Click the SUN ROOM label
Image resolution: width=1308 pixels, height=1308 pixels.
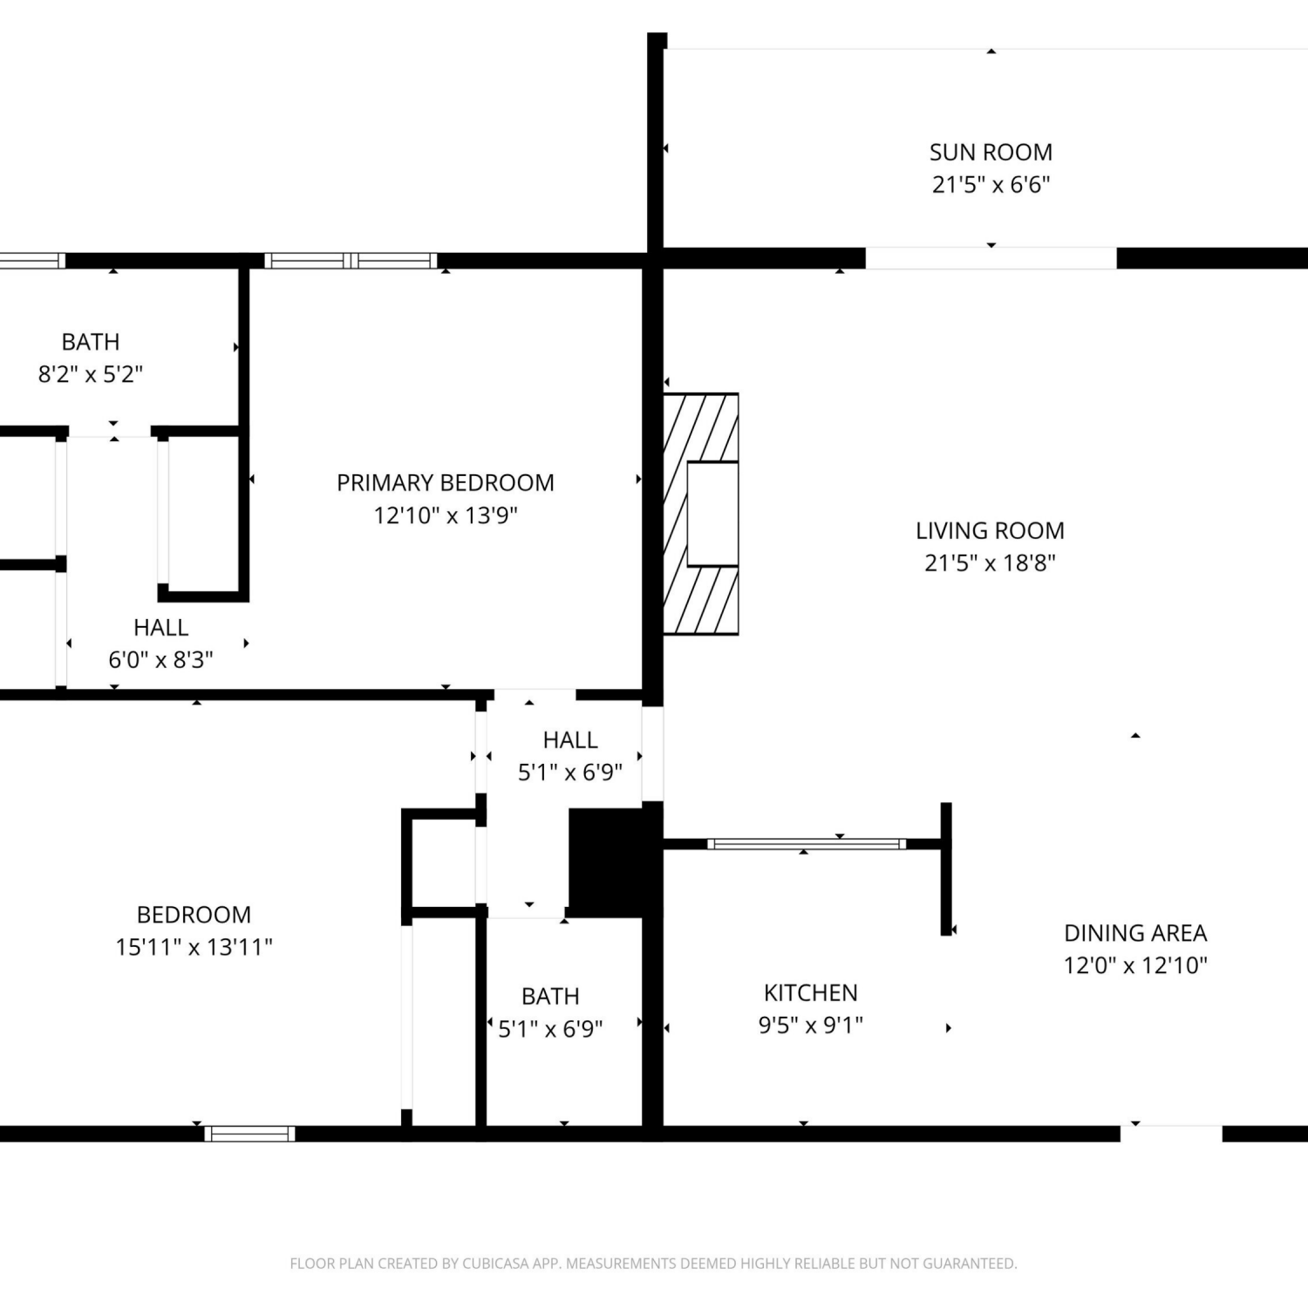pos(991,153)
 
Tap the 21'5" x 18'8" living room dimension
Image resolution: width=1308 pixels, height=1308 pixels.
pos(990,562)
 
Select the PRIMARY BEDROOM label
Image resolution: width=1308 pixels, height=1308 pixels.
pos(446,483)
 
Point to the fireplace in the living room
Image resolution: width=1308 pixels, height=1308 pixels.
pos(701,514)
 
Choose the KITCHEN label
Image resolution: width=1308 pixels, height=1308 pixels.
pos(811,993)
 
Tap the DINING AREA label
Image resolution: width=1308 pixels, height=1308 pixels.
pos(1135,933)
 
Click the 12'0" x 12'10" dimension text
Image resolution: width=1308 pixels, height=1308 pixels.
pos(1135,965)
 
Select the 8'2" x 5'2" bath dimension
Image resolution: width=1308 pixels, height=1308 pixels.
pos(91,374)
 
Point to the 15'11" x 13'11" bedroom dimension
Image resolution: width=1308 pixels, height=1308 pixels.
pos(194,947)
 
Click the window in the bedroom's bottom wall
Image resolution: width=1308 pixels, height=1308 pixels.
pos(250,1134)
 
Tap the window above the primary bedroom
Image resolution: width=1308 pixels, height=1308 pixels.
pos(351,260)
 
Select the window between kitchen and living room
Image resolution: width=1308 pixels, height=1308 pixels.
pos(807,844)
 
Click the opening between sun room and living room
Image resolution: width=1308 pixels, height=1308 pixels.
pos(991,258)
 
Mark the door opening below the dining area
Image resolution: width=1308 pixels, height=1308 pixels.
pos(1171,1134)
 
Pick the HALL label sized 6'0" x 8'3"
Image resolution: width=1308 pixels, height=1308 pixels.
pos(161,628)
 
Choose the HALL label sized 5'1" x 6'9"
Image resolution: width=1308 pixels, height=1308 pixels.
pos(570,740)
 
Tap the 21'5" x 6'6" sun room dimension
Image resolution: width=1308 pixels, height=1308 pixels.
pos(991,185)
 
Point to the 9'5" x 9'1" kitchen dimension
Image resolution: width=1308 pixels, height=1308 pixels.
pos(811,1025)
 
